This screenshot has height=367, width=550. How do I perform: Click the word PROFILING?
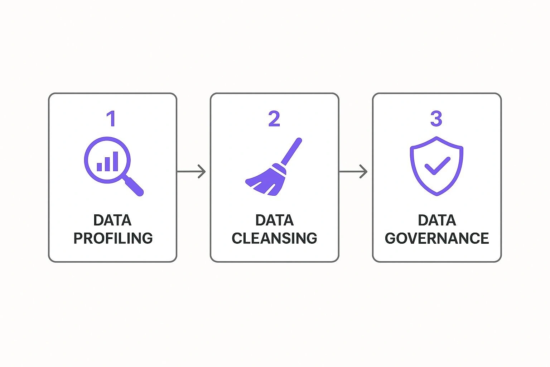click(113, 238)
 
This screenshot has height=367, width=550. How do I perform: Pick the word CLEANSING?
click(274, 238)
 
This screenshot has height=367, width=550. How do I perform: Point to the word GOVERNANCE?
click(437, 238)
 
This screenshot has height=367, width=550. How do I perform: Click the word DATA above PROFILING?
click(112, 220)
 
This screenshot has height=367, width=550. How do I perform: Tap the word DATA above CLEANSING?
click(274, 220)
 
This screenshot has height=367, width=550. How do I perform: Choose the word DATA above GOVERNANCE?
click(437, 220)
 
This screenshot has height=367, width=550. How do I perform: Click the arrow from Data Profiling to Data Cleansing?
click(192, 172)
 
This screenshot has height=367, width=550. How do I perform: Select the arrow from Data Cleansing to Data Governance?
click(354, 172)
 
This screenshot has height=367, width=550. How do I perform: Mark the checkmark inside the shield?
click(437, 165)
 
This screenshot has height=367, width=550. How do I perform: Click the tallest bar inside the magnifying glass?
click(115, 161)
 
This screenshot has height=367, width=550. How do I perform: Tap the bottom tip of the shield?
click(436, 195)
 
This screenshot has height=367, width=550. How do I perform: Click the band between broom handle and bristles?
click(279, 169)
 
